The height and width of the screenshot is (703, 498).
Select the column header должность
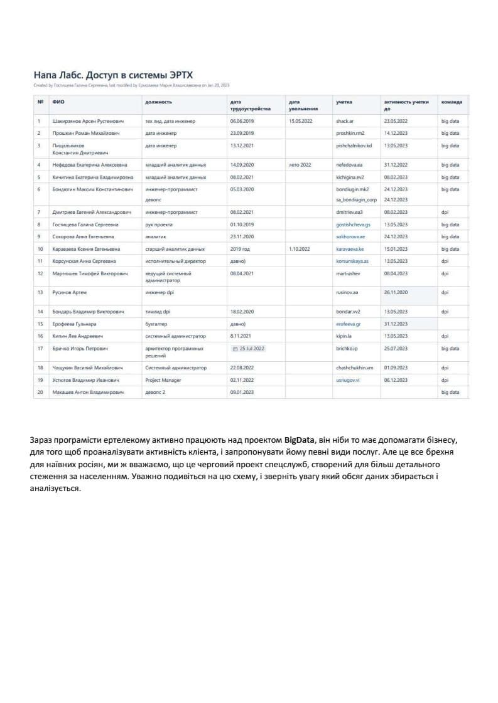[x=158, y=101]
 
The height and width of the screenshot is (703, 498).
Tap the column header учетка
[x=344, y=101]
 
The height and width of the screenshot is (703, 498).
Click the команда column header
[x=452, y=101]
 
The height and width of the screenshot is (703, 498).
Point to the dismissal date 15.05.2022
[x=300, y=120]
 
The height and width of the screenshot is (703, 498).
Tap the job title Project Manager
[x=163, y=380]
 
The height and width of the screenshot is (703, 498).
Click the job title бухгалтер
[x=157, y=324]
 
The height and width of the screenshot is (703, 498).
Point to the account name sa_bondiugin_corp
[x=356, y=200]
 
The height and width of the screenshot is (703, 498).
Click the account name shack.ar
[x=346, y=120]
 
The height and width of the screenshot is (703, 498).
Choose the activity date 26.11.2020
[x=396, y=292]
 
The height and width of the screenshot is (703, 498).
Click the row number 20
[x=40, y=392]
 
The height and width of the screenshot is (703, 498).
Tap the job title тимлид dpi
[x=158, y=312]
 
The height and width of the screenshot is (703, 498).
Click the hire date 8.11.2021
[x=241, y=336]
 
